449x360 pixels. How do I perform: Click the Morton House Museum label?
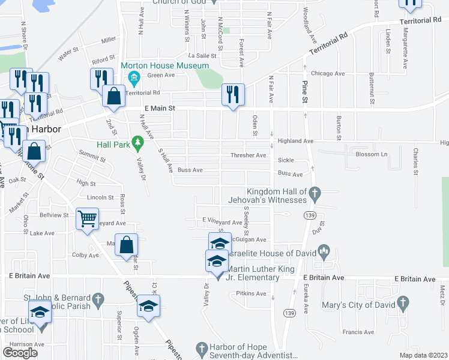tap(165, 65)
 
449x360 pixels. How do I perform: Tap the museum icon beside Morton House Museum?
tap(133, 76)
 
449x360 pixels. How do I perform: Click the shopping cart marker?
tap(88, 219)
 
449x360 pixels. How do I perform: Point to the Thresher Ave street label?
tap(248, 155)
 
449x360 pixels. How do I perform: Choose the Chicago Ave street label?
tap(328, 73)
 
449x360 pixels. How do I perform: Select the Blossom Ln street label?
tap(372, 154)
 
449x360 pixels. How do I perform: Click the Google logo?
tap(20, 352)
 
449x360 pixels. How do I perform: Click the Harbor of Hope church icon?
tap(202, 347)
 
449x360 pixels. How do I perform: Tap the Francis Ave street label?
tap(358, 332)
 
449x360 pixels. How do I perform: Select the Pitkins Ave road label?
tap(251, 293)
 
